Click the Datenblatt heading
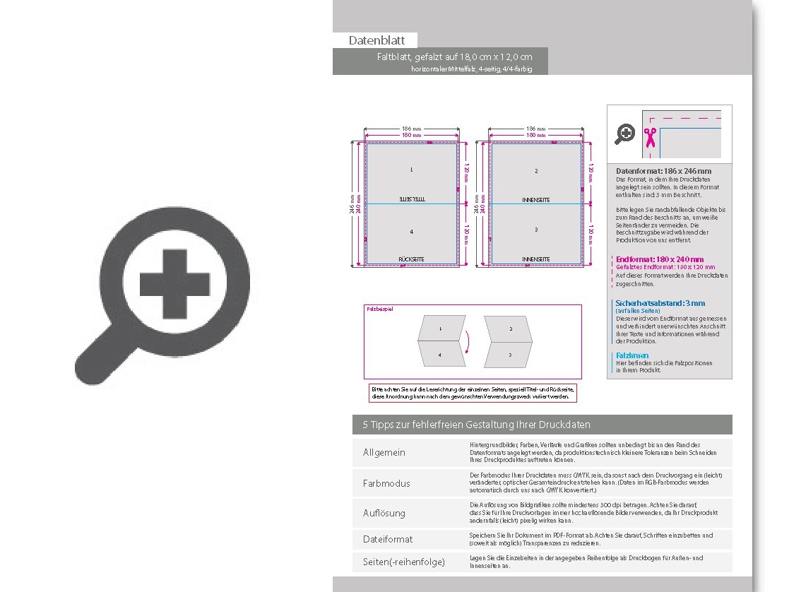click(376, 41)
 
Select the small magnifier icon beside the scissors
click(625, 134)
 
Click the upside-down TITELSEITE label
click(411, 200)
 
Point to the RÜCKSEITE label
click(411, 259)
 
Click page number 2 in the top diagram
click(536, 171)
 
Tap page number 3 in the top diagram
click(536, 230)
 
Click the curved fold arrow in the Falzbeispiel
click(465, 343)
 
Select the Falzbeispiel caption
click(379, 309)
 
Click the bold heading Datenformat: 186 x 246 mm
click(663, 171)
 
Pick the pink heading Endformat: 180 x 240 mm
click(660, 259)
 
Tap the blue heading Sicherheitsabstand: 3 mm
click(660, 303)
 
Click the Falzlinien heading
click(632, 355)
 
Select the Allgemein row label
click(384, 452)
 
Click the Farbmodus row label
click(386, 483)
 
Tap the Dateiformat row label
click(388, 539)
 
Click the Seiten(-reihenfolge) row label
click(404, 562)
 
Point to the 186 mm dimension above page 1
click(411, 129)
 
